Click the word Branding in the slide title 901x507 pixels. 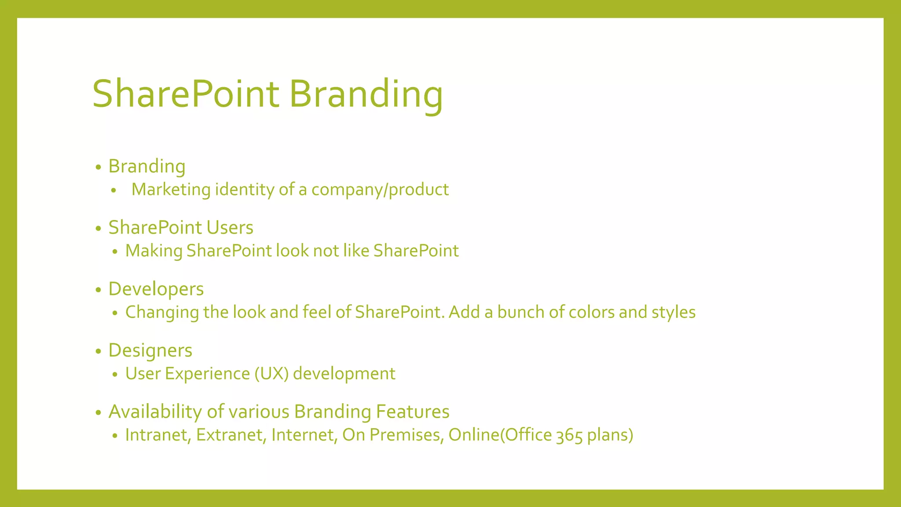366,94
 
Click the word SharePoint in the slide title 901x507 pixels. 186,94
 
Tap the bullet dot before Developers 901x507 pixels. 99,290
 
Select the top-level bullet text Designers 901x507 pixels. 150,350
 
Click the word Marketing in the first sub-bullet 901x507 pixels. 171,190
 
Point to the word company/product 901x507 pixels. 380,190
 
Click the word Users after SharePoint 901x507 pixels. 230,228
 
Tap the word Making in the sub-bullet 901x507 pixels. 154,251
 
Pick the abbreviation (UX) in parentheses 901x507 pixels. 271,374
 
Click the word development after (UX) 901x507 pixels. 344,374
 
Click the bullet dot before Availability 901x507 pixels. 99,413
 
